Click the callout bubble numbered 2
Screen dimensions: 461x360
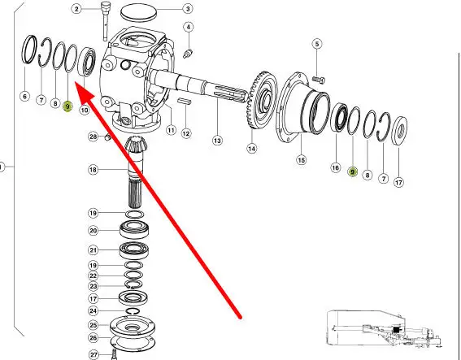[76, 9]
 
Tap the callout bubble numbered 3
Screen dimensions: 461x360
[188, 9]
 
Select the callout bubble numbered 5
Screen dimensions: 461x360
[316, 44]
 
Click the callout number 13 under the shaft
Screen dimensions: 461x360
[217, 141]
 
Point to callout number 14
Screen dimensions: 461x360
[252, 149]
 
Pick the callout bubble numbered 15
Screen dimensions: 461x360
[301, 160]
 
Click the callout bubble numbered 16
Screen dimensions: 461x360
[336, 167]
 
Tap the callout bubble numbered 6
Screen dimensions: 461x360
[24, 96]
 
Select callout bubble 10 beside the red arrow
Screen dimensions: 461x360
[85, 111]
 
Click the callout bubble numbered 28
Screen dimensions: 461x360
[94, 137]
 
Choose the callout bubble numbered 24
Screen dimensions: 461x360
[94, 310]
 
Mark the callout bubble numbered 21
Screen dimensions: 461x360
[94, 250]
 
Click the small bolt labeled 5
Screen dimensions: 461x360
[319, 80]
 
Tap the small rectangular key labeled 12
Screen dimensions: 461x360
[185, 102]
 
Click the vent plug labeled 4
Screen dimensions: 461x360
[188, 54]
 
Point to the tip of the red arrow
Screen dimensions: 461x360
[76, 83]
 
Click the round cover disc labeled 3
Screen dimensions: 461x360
[138, 12]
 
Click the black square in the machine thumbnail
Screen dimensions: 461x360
[396, 330]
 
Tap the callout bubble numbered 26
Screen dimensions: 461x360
[94, 338]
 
